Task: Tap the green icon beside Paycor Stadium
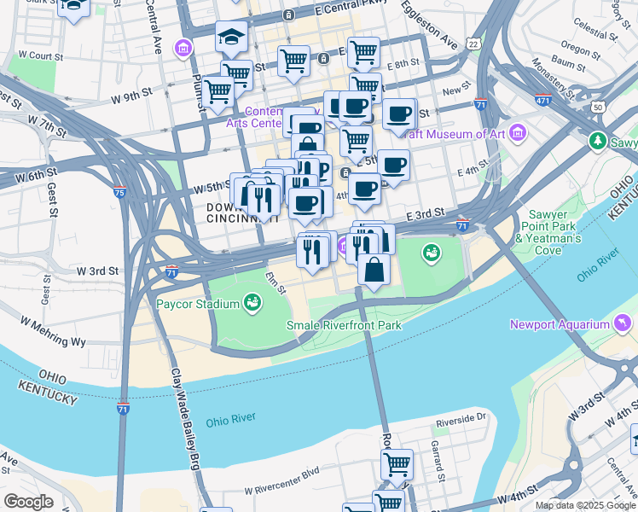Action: coord(252,302)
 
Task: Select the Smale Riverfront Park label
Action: coord(343,325)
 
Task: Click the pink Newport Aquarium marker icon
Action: coord(623,323)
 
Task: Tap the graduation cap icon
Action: coord(231,37)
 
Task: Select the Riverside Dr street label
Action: coord(460,418)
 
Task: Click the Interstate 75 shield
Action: coord(121,193)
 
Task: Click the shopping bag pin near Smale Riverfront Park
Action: coord(374,271)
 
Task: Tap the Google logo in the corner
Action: coord(28,502)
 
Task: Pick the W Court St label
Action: coord(41,55)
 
